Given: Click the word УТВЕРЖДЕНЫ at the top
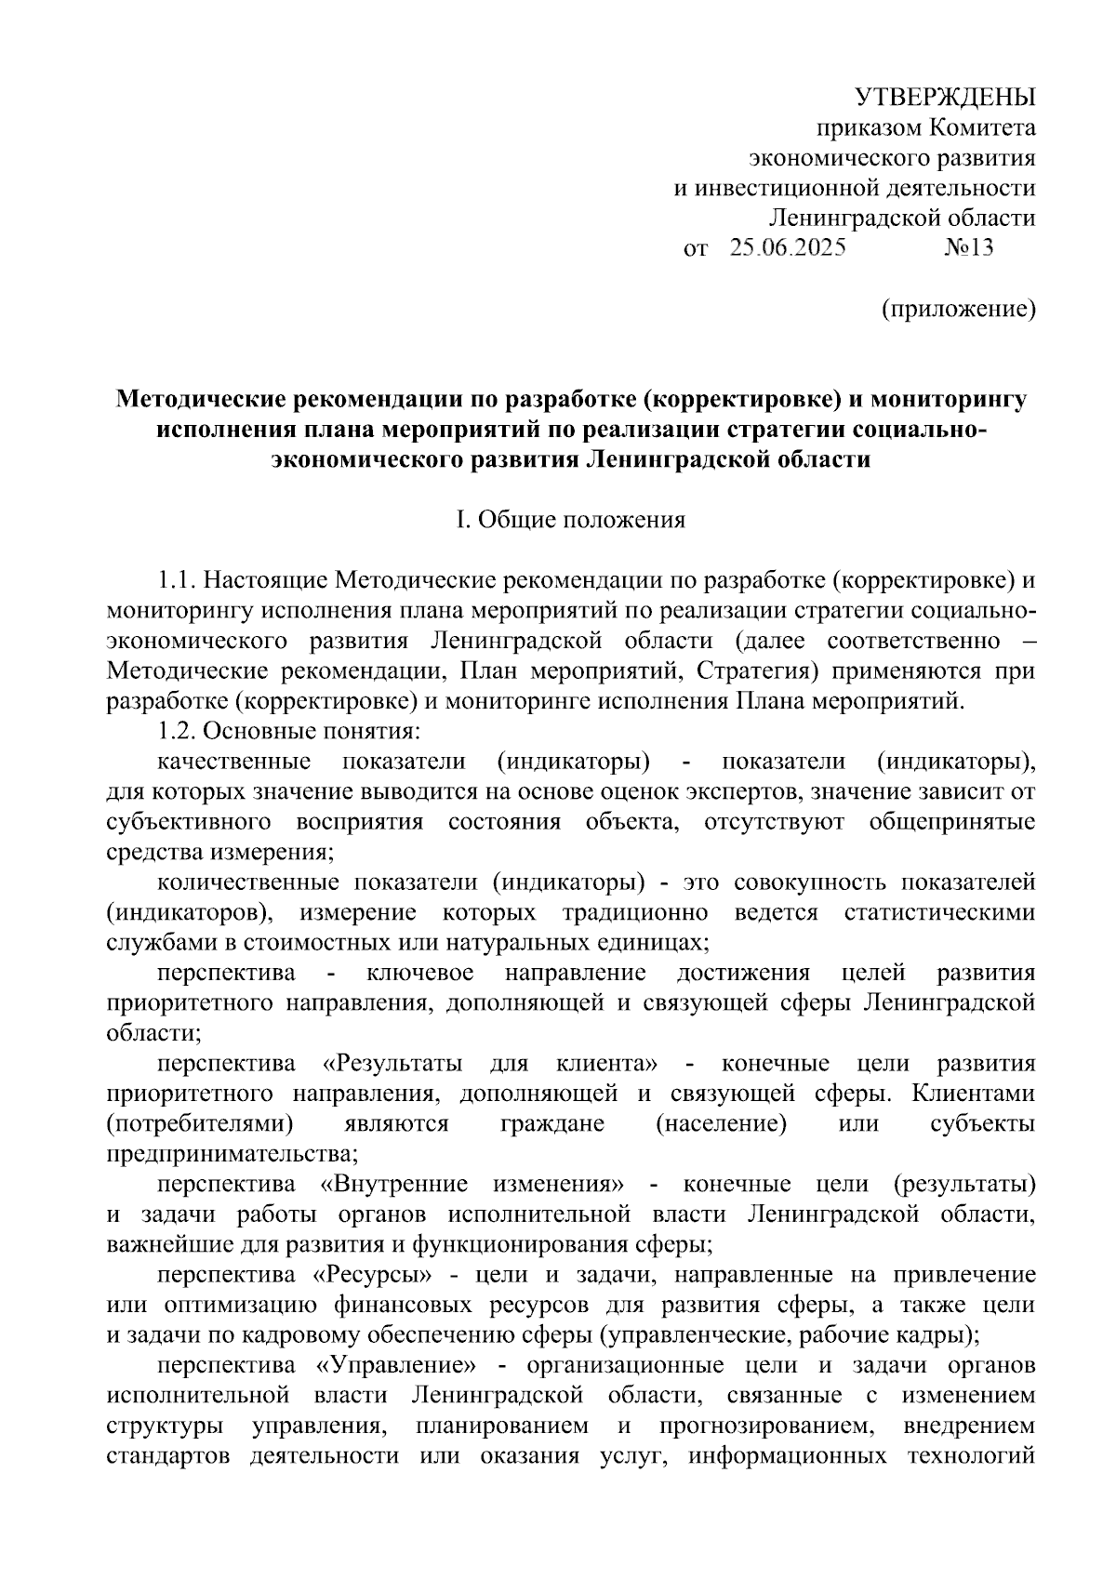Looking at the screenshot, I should pyautogui.click(x=945, y=97).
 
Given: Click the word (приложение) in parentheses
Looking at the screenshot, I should pyautogui.click(x=958, y=309).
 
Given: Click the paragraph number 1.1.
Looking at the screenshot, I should pyautogui.click(x=178, y=581).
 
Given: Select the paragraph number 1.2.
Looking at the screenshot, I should pyautogui.click(x=178, y=731).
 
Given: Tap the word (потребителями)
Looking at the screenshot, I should pyautogui.click(x=200, y=1123).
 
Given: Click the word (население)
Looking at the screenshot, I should pyautogui.click(x=721, y=1123).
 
